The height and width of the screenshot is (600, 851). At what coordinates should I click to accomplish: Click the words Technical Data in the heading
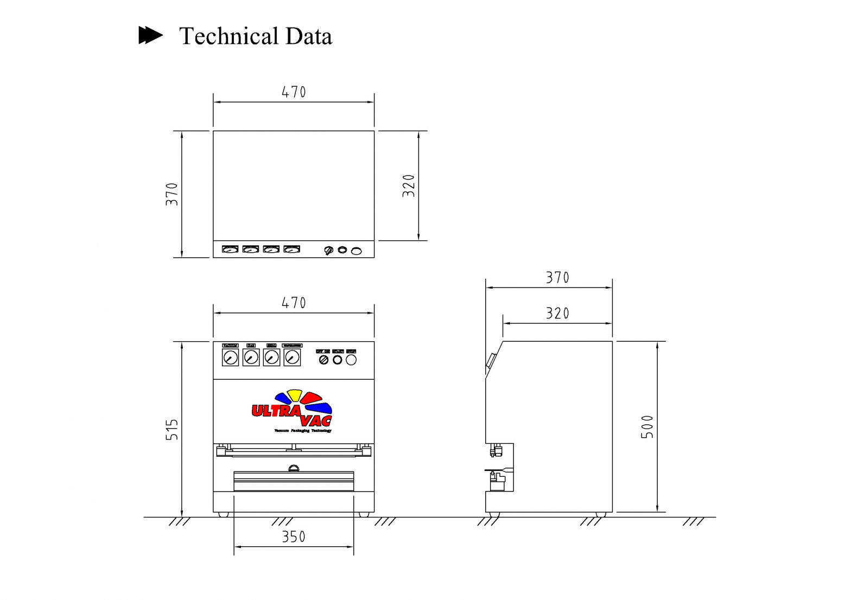point(255,36)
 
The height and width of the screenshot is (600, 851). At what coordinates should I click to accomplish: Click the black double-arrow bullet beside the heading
point(150,35)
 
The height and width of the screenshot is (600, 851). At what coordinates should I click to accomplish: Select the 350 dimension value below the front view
point(294,537)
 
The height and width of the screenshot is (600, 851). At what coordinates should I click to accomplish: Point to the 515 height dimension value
point(172,430)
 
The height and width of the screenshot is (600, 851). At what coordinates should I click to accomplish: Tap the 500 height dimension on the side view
point(647,427)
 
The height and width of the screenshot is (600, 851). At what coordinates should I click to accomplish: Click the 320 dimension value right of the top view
point(409,186)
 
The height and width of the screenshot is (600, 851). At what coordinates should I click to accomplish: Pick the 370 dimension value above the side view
point(557,278)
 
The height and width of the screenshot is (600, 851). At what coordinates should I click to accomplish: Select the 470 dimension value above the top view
point(294,92)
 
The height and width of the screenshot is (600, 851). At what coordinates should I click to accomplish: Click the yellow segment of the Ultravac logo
point(295,395)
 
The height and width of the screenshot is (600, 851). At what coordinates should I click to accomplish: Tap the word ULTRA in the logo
point(276,411)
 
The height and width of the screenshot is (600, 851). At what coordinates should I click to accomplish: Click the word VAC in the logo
point(316,421)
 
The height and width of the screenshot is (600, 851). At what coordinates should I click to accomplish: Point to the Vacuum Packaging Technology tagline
point(303,431)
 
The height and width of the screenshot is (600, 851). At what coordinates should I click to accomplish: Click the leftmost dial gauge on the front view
point(231,358)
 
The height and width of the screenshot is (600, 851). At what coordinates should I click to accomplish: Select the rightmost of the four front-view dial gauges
point(292,358)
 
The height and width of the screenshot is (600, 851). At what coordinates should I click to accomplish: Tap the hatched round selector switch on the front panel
point(323,360)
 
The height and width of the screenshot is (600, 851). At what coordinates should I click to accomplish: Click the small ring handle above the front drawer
point(294,468)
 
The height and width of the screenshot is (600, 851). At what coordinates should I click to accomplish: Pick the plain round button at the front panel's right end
point(352,360)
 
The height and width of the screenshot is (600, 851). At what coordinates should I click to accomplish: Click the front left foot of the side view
point(494,515)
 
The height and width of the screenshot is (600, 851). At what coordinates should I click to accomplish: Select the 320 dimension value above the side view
point(557,314)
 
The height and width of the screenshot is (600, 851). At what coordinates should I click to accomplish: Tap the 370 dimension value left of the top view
point(172,194)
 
